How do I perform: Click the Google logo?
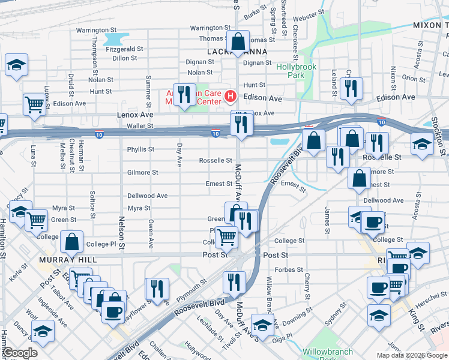click(20, 353)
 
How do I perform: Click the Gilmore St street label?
click(142, 172)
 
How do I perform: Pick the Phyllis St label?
click(140, 149)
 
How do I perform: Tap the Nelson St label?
click(121, 233)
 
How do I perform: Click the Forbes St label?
click(289, 270)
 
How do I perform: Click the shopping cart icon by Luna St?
click(35, 104)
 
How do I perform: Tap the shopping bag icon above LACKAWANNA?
click(238, 41)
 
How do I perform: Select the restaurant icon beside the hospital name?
click(184, 94)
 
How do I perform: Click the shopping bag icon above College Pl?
click(72, 242)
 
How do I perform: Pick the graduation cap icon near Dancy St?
click(42, 331)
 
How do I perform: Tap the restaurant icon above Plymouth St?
click(157, 287)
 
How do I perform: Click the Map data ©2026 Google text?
click(412, 355)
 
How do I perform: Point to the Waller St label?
click(140, 126)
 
